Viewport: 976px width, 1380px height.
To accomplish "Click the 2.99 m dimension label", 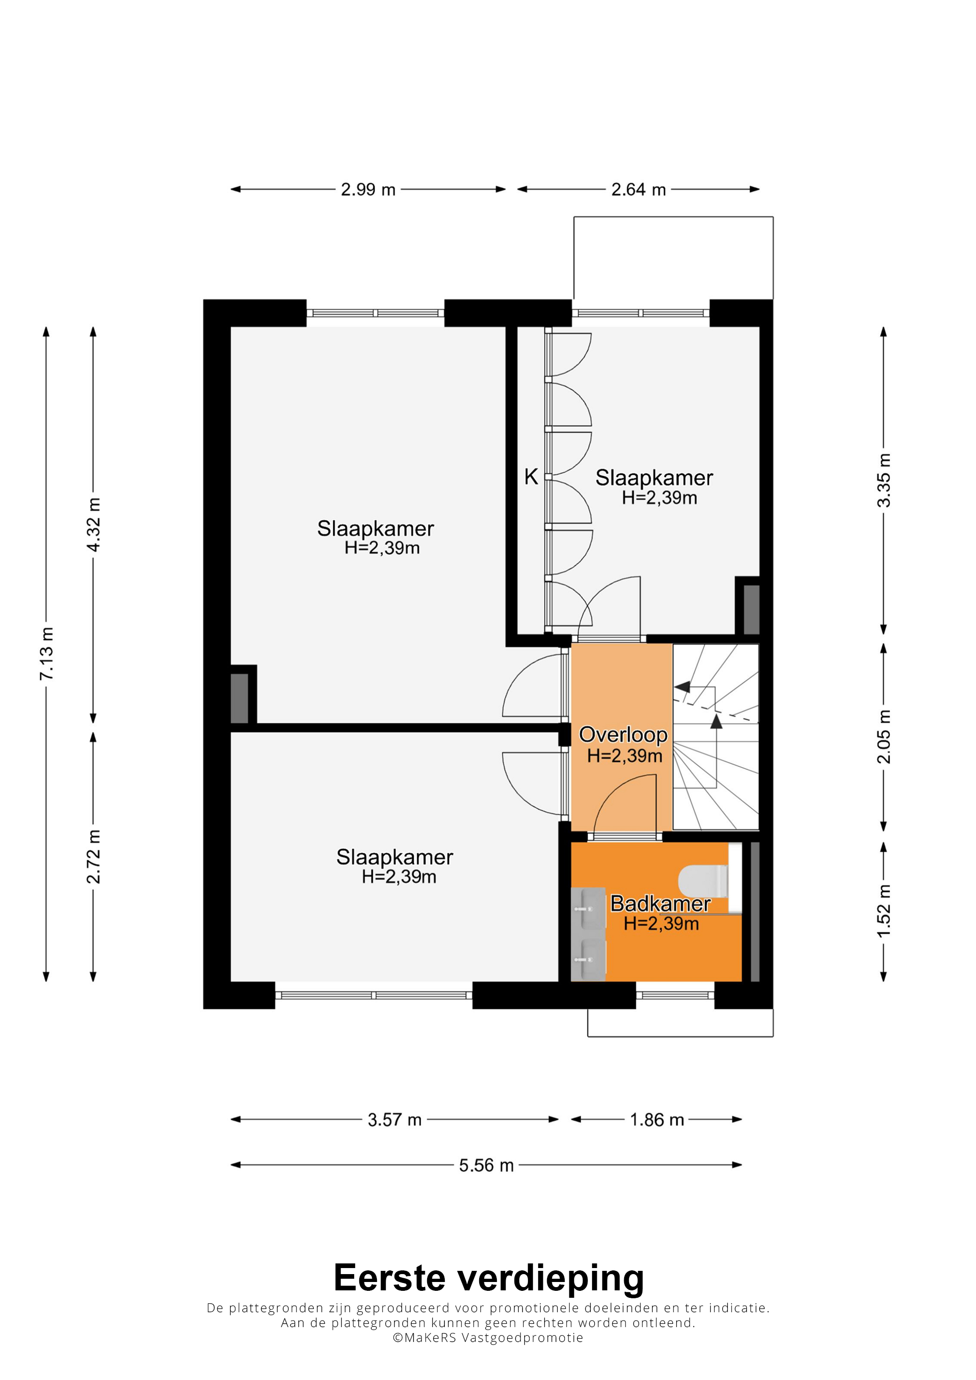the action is tap(368, 190).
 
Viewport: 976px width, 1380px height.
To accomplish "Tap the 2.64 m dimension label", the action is tap(639, 190).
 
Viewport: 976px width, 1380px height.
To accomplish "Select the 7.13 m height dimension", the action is tap(46, 654).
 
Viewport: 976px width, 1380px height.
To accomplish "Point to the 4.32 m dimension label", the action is tap(93, 525).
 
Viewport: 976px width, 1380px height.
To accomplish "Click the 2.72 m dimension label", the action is tap(93, 856).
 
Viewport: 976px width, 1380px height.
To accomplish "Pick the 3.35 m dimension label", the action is tap(884, 480).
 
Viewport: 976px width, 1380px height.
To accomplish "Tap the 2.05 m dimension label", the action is tap(884, 736).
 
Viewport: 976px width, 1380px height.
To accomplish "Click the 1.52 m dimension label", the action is tap(884, 911).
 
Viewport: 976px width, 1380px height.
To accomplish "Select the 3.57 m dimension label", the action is tap(395, 1120).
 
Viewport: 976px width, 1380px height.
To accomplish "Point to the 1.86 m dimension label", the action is tap(657, 1120).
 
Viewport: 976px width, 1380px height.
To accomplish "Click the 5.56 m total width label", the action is tap(487, 1165).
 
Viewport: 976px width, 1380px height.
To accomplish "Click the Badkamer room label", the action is tap(660, 903).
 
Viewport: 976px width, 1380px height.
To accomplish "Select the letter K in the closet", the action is tap(531, 477).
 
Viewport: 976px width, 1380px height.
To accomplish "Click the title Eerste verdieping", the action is tap(488, 1277).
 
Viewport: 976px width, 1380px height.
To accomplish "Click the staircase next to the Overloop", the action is tap(716, 737).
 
